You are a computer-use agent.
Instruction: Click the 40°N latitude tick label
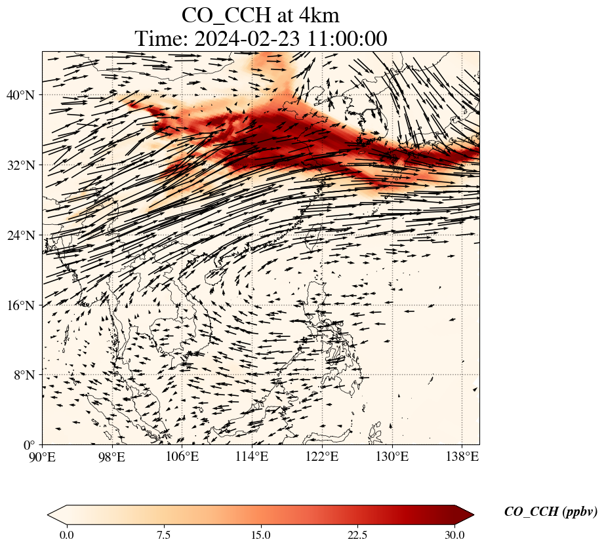pyautogui.click(x=24, y=95)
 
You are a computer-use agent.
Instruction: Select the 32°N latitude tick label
pyautogui.click(x=24, y=165)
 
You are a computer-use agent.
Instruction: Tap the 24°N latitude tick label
pyautogui.click(x=24, y=235)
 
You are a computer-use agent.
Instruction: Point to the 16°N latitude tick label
pyautogui.click(x=24, y=305)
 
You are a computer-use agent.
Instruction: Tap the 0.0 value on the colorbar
pyautogui.click(x=66, y=535)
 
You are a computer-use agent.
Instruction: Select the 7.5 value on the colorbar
pyautogui.click(x=163, y=535)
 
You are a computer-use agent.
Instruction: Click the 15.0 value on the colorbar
pyautogui.click(x=260, y=535)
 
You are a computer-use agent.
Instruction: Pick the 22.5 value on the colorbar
pyautogui.click(x=357, y=535)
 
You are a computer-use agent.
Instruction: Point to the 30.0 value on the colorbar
pyautogui.click(x=454, y=535)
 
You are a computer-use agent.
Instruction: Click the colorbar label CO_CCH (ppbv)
pyautogui.click(x=550, y=512)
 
